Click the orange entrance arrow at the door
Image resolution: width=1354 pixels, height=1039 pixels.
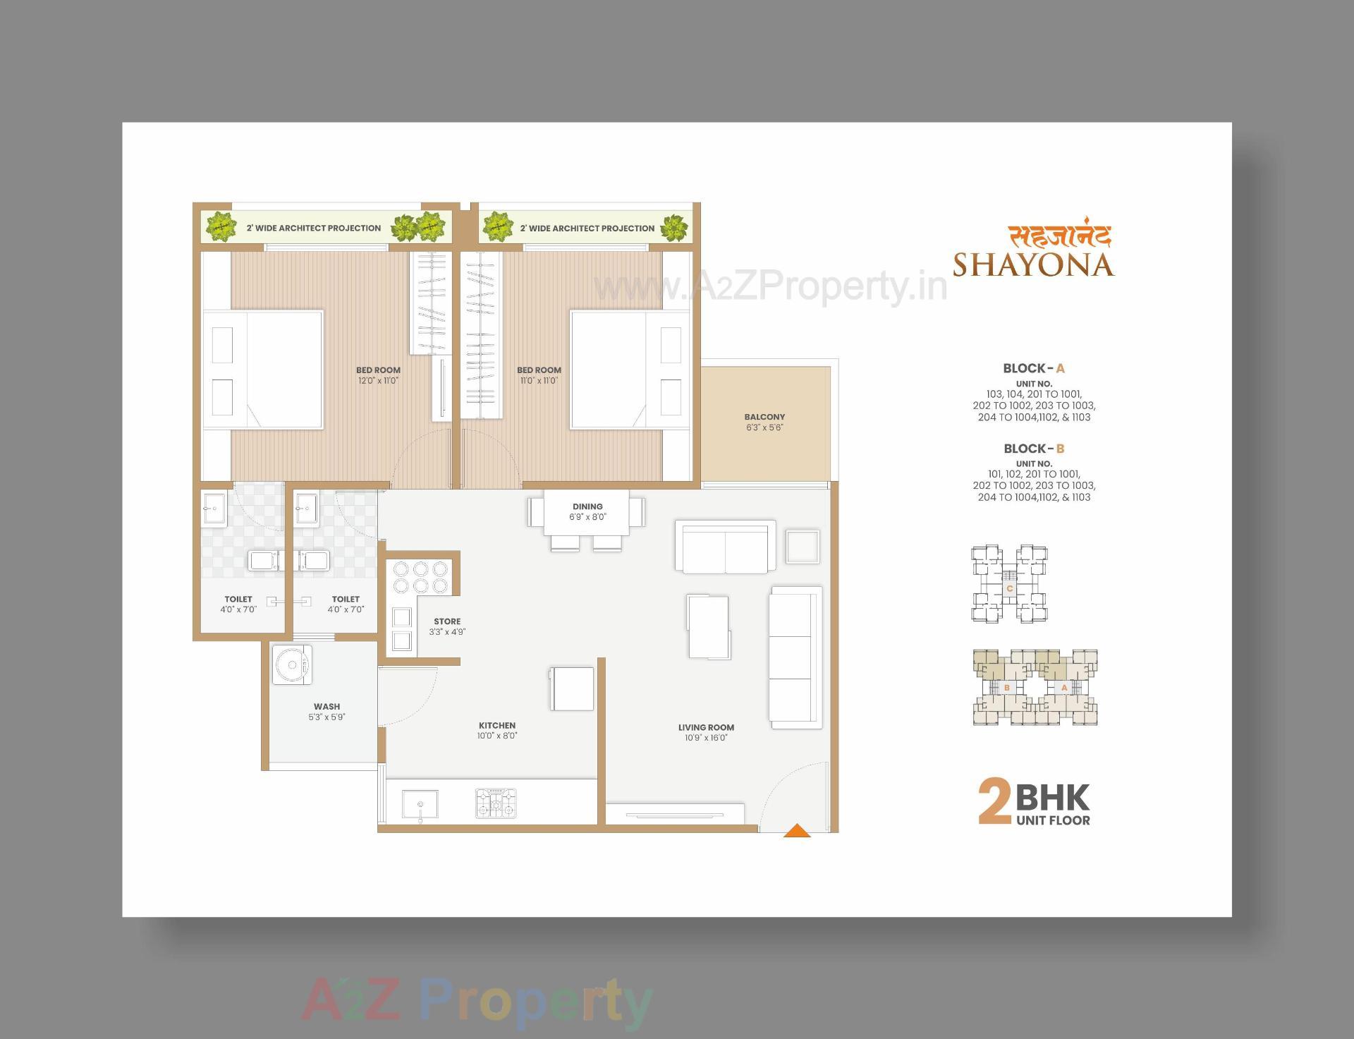797,831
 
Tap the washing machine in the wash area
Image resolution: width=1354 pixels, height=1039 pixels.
292,664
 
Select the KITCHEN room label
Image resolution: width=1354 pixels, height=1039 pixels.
497,725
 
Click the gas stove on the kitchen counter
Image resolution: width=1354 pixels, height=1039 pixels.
496,803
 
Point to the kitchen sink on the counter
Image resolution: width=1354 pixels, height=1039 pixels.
420,804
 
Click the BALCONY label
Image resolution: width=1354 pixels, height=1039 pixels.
764,417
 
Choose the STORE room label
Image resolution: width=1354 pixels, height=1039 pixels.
447,621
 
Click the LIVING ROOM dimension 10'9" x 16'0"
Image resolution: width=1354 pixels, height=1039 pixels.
706,738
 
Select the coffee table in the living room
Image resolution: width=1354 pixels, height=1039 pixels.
708,626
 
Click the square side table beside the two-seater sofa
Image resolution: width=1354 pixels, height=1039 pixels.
803,547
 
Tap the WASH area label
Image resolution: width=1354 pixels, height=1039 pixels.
327,706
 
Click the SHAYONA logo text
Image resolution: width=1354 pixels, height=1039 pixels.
1033,265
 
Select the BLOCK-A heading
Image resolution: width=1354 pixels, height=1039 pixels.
1034,368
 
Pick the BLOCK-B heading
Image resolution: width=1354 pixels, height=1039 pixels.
1034,449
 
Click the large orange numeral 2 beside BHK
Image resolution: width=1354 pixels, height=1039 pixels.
994,802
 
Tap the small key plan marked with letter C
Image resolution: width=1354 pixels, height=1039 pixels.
1009,584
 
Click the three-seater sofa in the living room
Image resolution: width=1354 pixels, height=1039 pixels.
795,657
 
